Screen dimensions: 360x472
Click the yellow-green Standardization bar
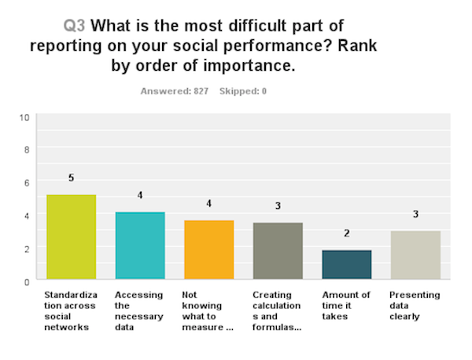click(71, 237)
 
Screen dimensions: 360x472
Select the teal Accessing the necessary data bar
click(139, 245)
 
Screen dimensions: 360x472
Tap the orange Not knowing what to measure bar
click(208, 249)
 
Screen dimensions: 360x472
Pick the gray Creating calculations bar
click(277, 251)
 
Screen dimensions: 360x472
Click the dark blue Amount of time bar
click(346, 264)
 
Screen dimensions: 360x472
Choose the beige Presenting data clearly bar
click(415, 255)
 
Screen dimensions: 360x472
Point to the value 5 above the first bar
click(71, 178)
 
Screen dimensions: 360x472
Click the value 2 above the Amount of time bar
click(346, 233)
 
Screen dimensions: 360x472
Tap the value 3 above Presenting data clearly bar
click(415, 215)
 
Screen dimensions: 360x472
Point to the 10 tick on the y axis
click(24, 117)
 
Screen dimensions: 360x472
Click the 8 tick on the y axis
click(27, 149)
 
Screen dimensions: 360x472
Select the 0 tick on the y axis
click(27, 281)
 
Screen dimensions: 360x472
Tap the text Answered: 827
click(174, 91)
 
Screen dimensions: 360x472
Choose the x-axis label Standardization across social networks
click(68, 311)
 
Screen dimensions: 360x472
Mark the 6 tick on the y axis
click(27, 182)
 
